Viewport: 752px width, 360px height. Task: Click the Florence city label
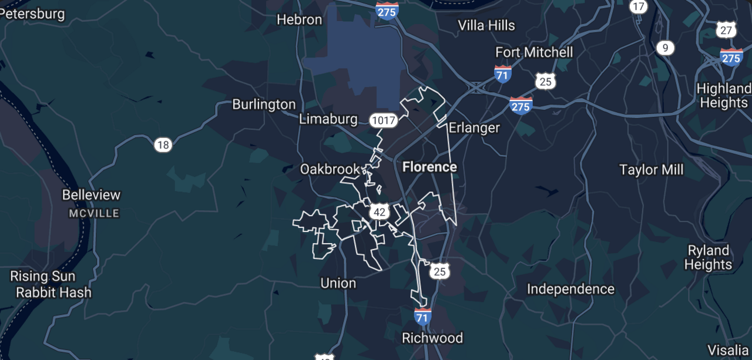click(429, 167)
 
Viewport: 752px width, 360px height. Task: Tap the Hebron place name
click(300, 19)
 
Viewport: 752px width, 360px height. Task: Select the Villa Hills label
click(486, 25)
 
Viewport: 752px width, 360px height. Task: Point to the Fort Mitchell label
click(534, 52)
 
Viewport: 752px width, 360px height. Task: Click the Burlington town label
click(264, 105)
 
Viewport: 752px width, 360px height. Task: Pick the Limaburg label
click(328, 119)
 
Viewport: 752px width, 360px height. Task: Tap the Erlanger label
click(474, 127)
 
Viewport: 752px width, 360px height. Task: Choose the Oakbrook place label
click(329, 169)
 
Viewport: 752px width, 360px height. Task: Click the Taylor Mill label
click(652, 170)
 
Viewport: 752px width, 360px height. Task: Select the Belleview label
click(91, 195)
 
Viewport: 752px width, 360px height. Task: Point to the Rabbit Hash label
click(53, 292)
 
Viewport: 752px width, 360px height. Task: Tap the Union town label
click(338, 283)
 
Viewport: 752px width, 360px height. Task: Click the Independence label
click(570, 289)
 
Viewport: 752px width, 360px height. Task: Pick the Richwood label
click(432, 338)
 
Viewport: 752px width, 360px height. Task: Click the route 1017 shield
click(384, 121)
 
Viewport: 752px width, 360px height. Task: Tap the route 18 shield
click(163, 144)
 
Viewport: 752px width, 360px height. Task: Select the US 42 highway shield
click(380, 212)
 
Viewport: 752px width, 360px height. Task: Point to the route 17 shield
click(638, 7)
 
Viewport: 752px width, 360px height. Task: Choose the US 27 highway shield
click(727, 30)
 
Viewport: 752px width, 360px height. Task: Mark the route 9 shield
click(665, 48)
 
